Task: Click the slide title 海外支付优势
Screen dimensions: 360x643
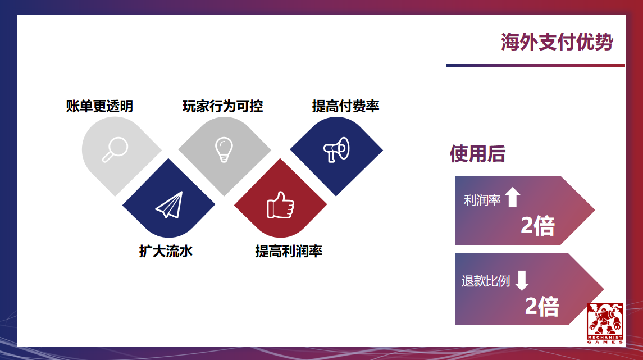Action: tap(557, 42)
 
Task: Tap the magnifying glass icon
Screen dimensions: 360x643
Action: tap(115, 149)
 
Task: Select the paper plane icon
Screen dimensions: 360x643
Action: tap(169, 205)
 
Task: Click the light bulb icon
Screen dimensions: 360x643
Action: tap(224, 149)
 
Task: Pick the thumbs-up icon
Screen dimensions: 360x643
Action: tap(280, 205)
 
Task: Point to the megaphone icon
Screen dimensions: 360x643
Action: tap(336, 149)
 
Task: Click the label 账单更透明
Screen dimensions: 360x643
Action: tap(99, 106)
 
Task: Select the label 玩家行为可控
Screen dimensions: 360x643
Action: tap(223, 106)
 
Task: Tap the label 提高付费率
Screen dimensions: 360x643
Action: tap(345, 106)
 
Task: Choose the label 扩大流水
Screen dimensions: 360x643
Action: tap(166, 250)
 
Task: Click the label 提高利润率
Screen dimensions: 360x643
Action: tap(289, 250)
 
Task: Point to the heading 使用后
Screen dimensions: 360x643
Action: tap(477, 153)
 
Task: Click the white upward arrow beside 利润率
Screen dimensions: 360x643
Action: tap(512, 198)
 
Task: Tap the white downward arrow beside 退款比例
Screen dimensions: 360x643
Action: tap(522, 280)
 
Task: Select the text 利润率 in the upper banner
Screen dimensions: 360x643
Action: tap(482, 200)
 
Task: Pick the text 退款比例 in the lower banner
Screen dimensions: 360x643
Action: tap(485, 281)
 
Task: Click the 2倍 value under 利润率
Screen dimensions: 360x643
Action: tap(537, 226)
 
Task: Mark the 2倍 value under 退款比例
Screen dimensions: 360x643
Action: tap(542, 307)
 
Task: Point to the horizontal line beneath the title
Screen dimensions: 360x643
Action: tap(535, 65)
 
